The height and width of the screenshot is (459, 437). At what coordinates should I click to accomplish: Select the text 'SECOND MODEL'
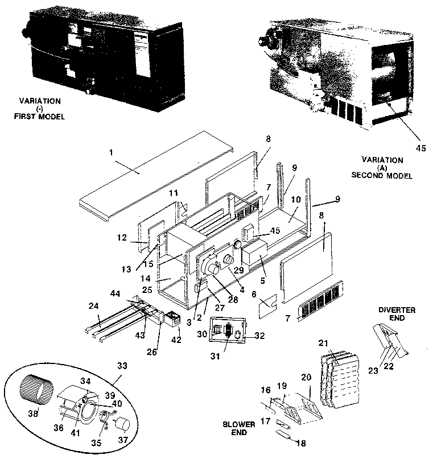coord(385,176)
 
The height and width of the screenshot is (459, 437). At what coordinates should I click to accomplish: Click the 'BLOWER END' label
coord(238,428)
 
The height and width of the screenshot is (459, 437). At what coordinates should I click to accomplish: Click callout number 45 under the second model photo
coord(420,148)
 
